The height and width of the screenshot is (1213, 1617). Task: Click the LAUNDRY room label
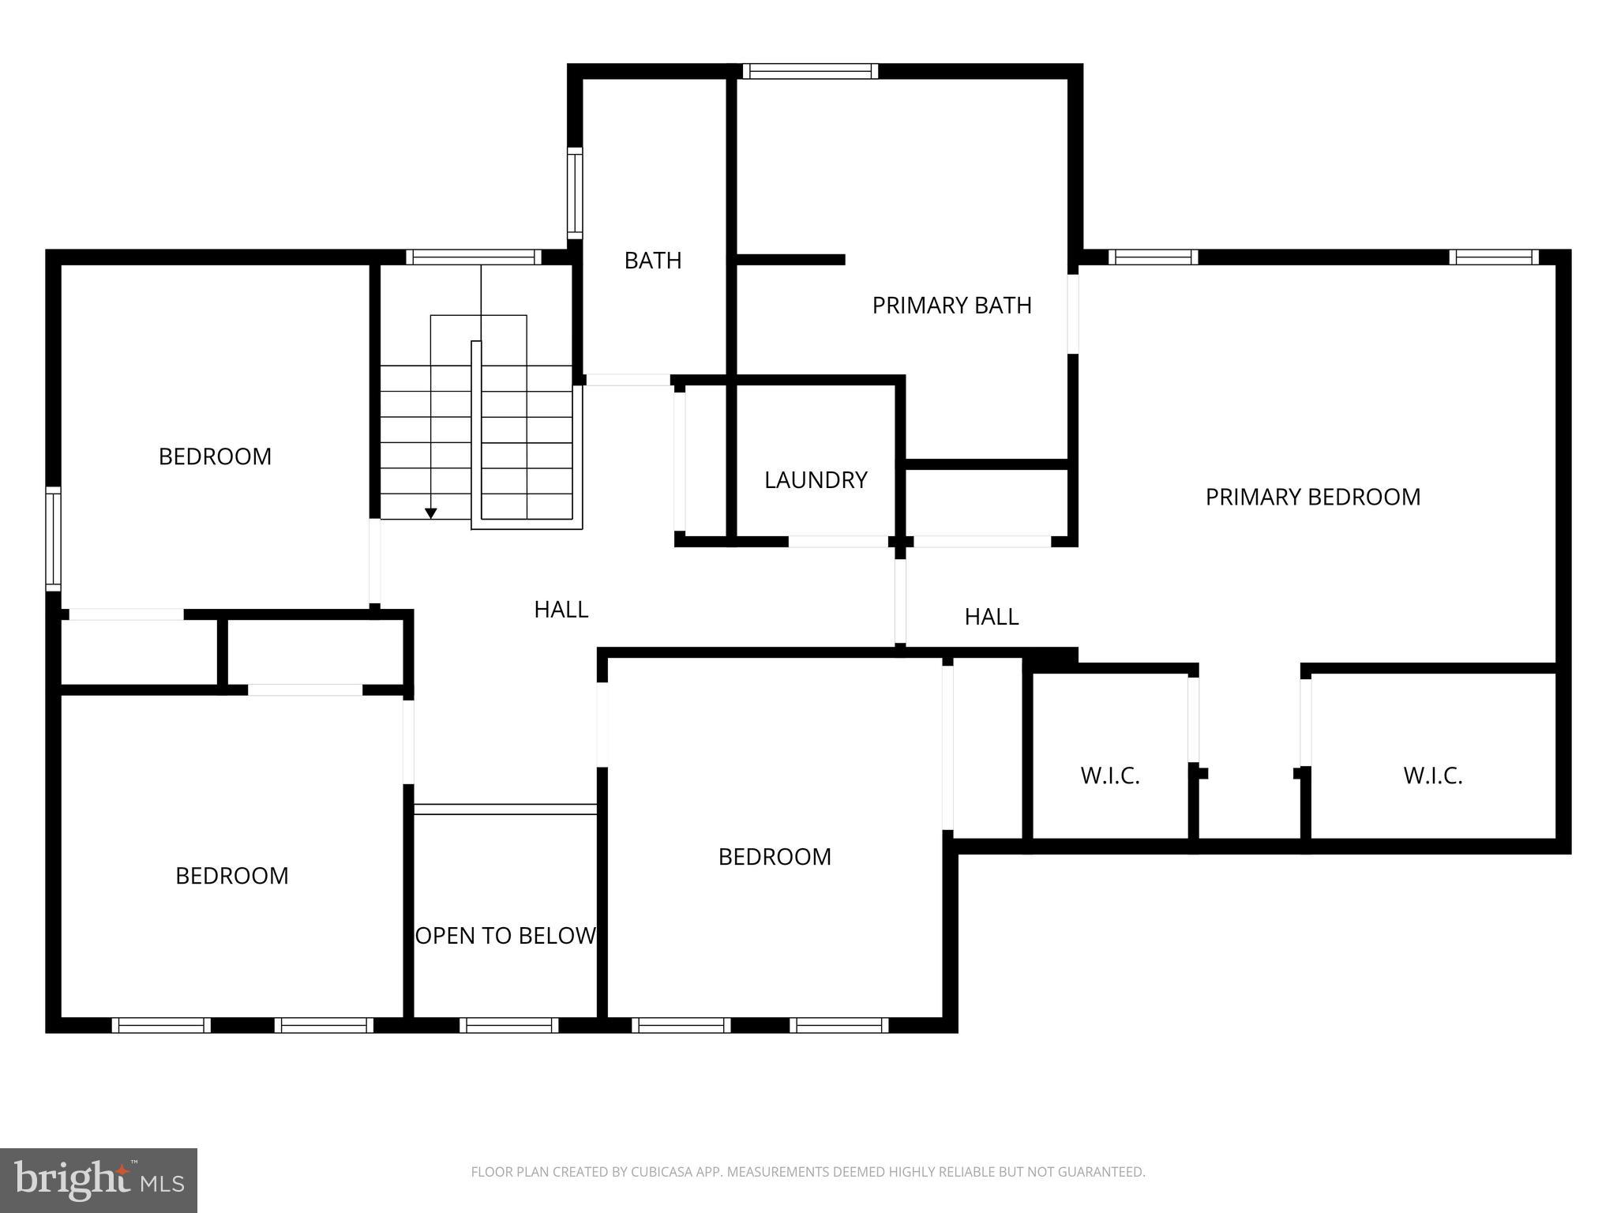point(816,480)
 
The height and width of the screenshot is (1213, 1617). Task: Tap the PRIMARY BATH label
point(951,306)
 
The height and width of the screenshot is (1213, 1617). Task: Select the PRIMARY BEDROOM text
point(1312,497)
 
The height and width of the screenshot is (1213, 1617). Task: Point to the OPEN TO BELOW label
point(505,936)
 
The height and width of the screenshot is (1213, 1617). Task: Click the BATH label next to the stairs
point(652,261)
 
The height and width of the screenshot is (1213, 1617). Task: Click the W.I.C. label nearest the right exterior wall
point(1432,775)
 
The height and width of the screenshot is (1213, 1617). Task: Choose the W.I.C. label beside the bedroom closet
point(1109,775)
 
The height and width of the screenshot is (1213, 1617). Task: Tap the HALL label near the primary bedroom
point(991,617)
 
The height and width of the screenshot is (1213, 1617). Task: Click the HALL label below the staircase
point(561,610)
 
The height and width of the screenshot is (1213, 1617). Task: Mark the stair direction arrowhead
point(431,513)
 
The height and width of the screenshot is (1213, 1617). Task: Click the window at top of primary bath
point(810,71)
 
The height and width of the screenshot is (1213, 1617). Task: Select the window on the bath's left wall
point(575,193)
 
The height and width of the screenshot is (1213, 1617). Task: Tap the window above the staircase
point(474,257)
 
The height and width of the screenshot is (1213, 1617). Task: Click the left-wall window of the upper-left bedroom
point(53,539)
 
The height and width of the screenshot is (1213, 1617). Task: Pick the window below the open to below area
point(509,1025)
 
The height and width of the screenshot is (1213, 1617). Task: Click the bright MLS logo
point(99,1180)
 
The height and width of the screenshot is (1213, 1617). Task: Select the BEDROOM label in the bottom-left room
point(231,876)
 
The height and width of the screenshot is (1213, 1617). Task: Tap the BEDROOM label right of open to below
point(774,857)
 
